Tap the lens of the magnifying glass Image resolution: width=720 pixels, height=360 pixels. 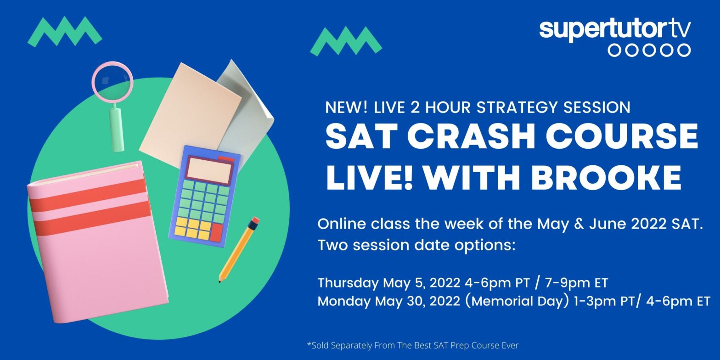[112, 82]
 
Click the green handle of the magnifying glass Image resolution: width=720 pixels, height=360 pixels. [117, 129]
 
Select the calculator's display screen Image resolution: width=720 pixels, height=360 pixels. [210, 170]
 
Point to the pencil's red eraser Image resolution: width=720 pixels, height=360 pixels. [254, 221]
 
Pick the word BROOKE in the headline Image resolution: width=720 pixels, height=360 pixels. [606, 177]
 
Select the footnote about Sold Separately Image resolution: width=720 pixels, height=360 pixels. [413, 345]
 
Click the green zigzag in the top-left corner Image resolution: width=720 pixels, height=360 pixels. [65, 32]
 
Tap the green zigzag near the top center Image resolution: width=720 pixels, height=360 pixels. [346, 41]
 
